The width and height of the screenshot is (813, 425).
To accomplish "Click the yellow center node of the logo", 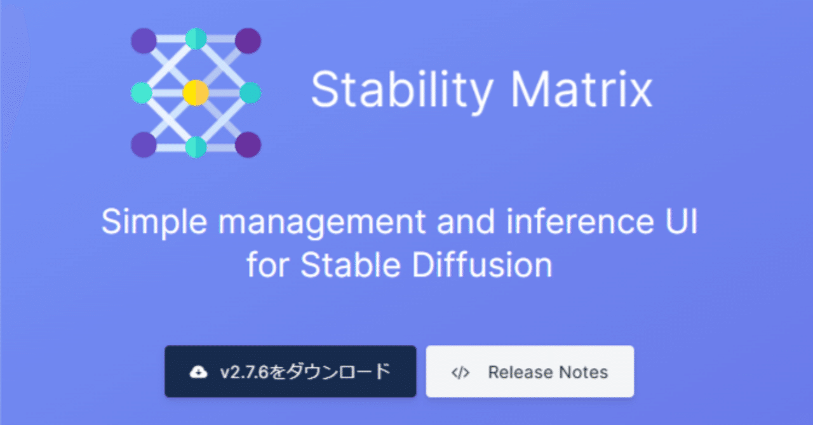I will (196, 93).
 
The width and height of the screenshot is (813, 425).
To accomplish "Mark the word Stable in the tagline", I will (354, 265).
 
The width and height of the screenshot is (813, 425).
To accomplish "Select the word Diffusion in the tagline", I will (483, 265).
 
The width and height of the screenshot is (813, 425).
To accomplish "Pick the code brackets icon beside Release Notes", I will (460, 372).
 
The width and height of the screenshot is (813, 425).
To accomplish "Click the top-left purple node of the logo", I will (144, 41).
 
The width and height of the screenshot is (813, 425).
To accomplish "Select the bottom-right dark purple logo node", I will (248, 145).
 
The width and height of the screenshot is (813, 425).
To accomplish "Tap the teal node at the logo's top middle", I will (196, 39).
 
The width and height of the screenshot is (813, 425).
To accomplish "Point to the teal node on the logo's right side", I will (250, 93).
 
